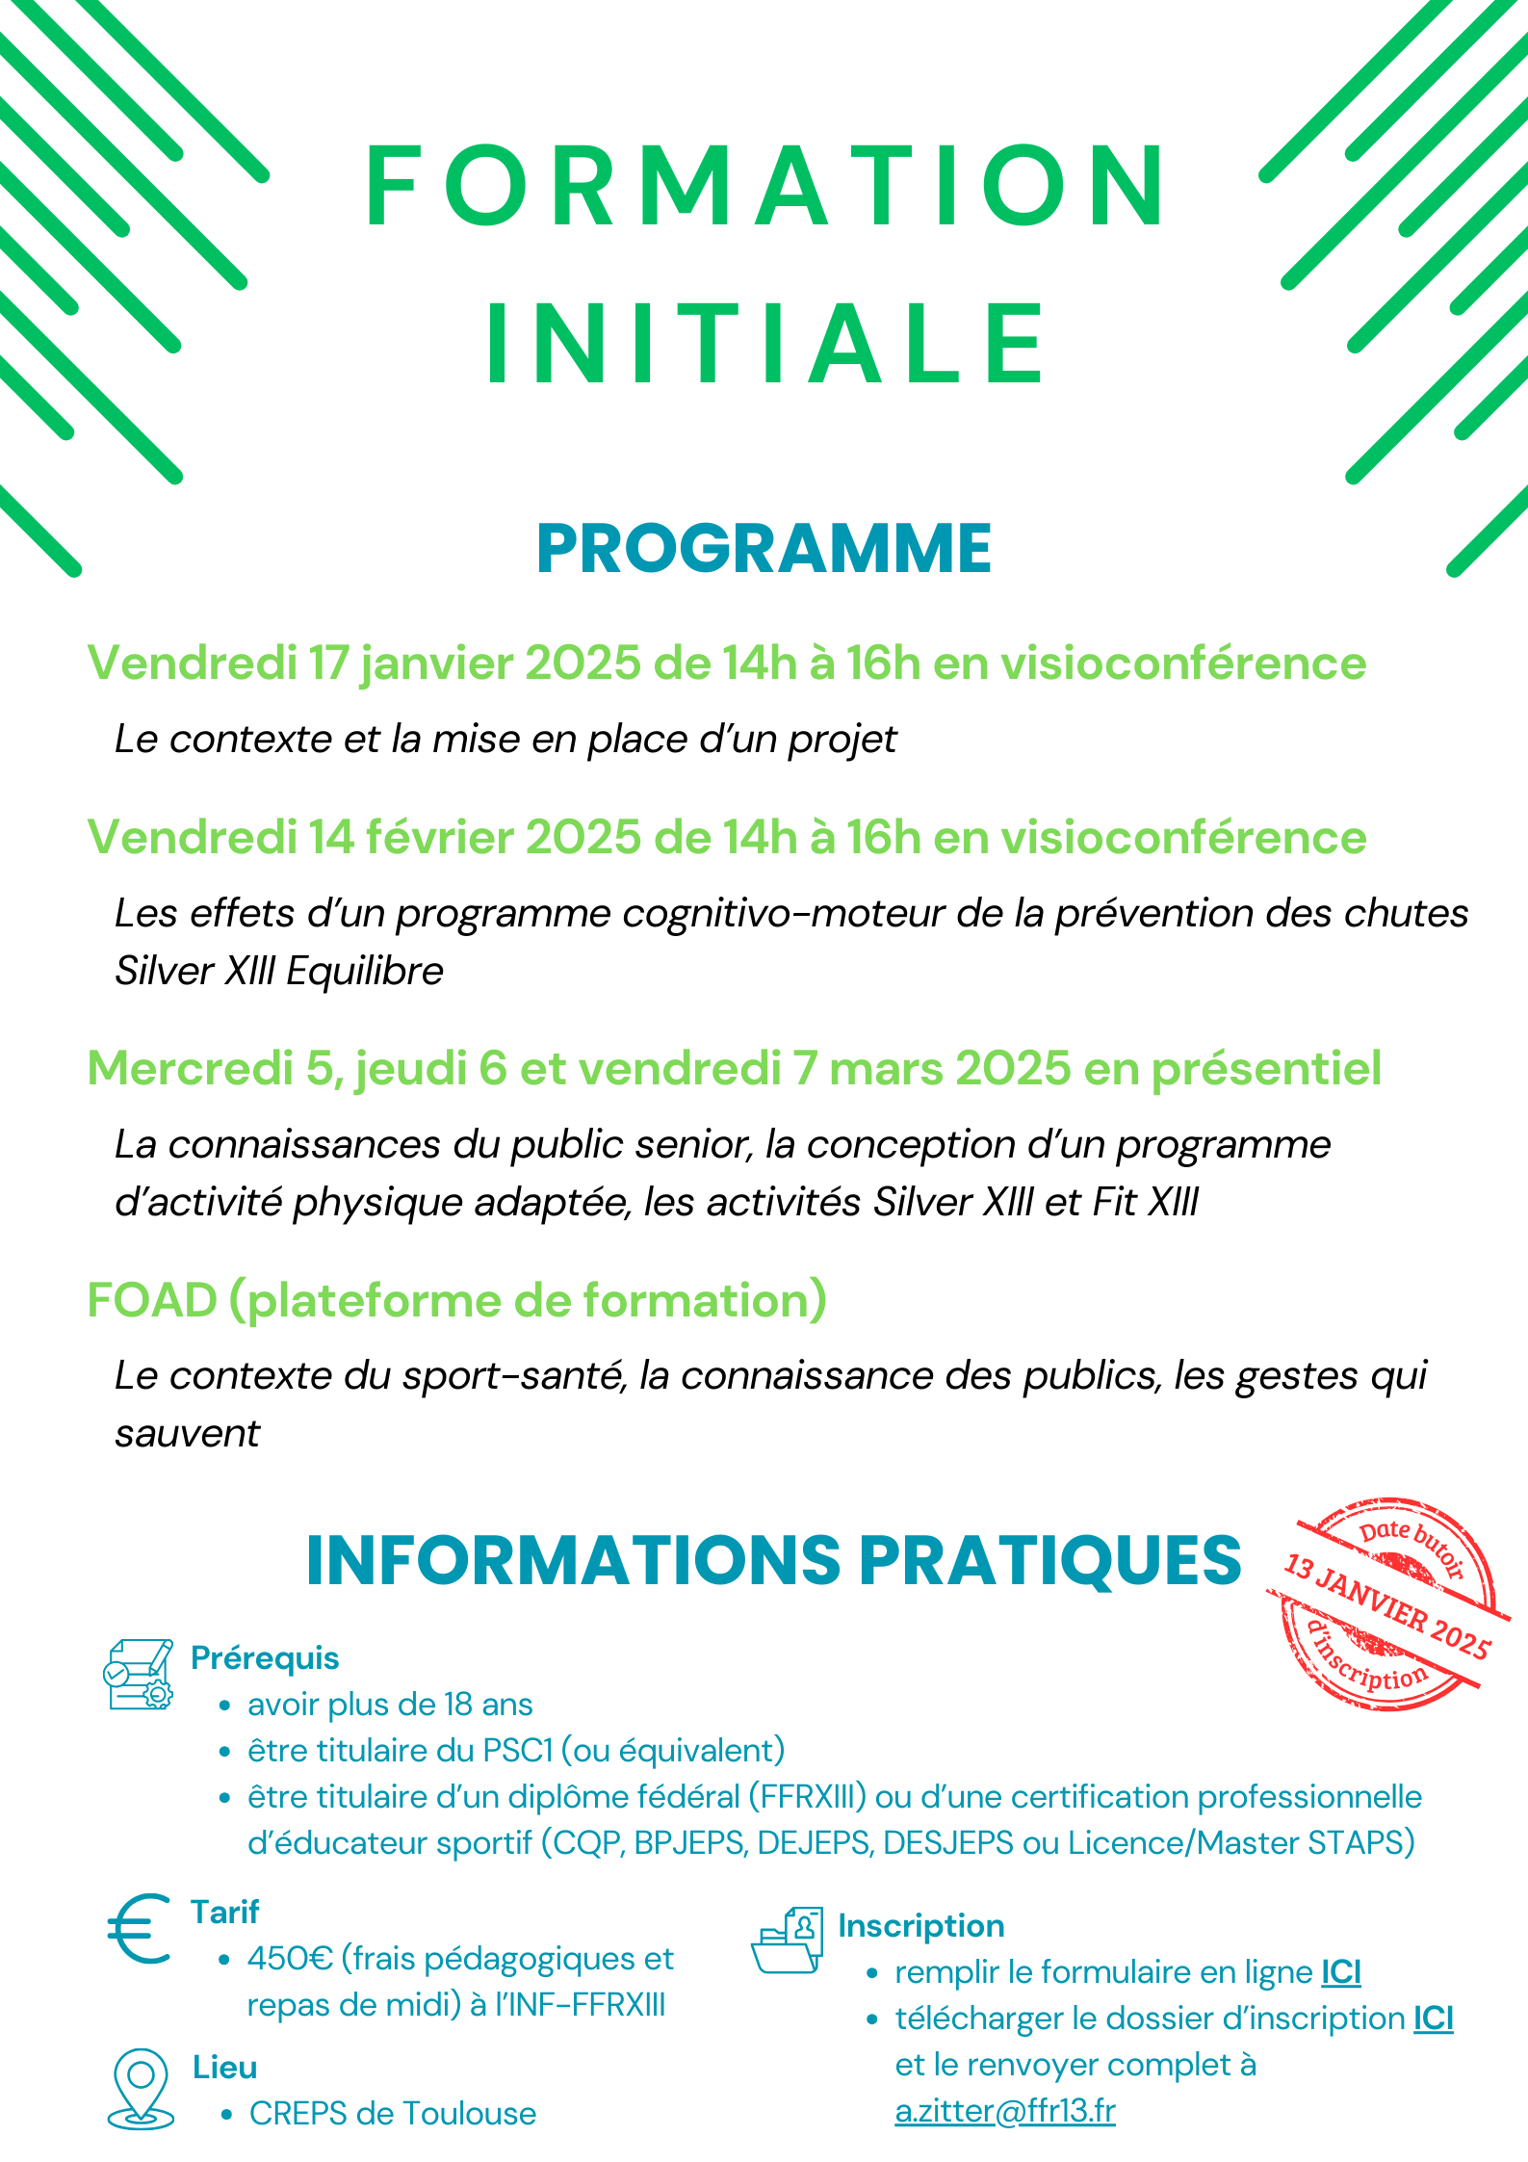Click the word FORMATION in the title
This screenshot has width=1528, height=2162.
click(766, 187)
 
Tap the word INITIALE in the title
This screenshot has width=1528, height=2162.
click(766, 344)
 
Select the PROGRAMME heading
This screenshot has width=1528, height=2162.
click(764, 549)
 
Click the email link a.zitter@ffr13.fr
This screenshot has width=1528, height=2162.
click(1005, 2111)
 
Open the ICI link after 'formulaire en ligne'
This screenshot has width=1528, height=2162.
click(1341, 1972)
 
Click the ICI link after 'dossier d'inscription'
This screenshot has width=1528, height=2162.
click(1433, 2019)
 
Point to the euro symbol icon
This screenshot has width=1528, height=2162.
click(140, 1929)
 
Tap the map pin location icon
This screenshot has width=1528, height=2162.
click(141, 2087)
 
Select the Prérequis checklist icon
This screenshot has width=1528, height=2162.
click(139, 1674)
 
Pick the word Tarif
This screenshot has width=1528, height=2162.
click(225, 1912)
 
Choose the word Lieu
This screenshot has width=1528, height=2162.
click(225, 2067)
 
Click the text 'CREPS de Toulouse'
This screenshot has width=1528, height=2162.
click(393, 2114)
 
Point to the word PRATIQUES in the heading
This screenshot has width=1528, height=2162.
click(1049, 1560)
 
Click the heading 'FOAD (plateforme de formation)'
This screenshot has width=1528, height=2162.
click(457, 1300)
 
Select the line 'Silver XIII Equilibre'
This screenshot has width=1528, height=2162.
click(279, 971)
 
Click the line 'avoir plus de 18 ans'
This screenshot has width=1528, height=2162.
click(390, 1705)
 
